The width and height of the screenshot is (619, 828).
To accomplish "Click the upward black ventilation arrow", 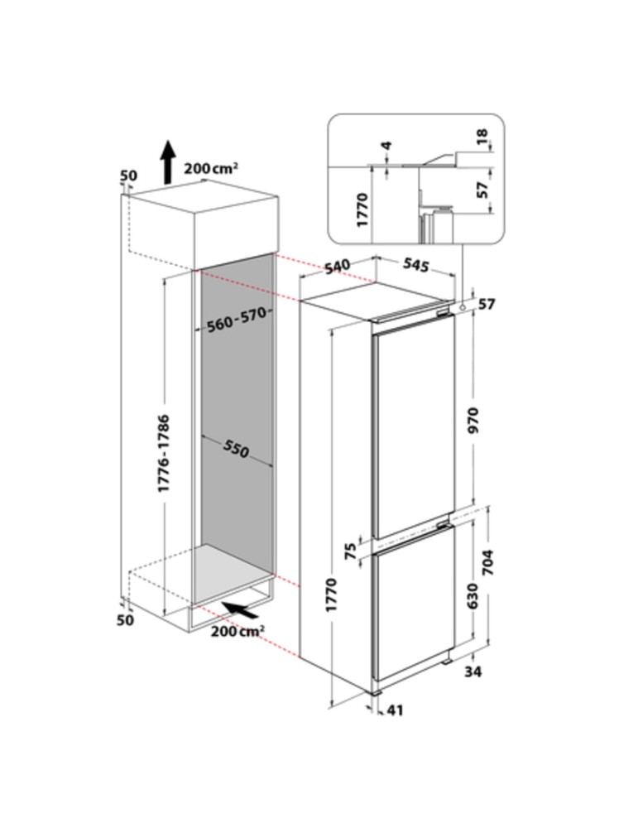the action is coord(168,162).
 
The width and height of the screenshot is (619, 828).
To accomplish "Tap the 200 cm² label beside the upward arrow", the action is coord(211,168).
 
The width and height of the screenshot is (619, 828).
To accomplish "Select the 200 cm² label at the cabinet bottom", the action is coord(238,630).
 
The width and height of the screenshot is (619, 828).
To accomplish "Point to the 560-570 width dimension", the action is coord(237,320).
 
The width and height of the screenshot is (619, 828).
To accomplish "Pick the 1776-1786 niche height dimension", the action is coord(164,454).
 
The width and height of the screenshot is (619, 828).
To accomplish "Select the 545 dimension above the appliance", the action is coord(415,265).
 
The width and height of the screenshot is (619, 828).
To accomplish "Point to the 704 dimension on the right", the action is coord(487,563).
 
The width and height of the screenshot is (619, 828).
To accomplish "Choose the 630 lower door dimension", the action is coord(473,596).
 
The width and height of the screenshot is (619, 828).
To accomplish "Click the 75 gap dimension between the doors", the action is coord(350,552).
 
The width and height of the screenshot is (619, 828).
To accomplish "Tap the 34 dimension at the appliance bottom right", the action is coord(473,672).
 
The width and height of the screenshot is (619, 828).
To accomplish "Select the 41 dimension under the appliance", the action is coord(395,710).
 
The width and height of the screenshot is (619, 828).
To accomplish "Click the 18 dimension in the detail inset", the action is coord(482,137).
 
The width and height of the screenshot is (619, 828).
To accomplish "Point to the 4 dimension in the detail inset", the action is coord(387,145).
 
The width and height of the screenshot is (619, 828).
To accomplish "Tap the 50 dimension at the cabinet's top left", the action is coord(128,175).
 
